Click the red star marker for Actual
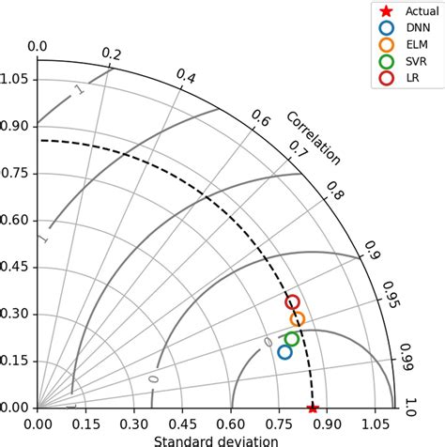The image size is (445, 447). coord(314,408)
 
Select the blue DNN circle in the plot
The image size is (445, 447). coord(285,352)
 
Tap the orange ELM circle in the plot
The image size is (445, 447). coord(298,319)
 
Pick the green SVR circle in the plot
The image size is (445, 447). coord(292,339)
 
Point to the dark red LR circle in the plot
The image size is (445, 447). coord(292,302)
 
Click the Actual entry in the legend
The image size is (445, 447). coord(404,11)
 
